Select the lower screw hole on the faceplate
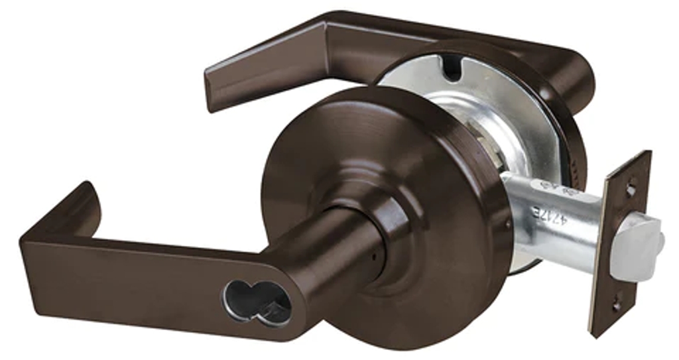point(617,305)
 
